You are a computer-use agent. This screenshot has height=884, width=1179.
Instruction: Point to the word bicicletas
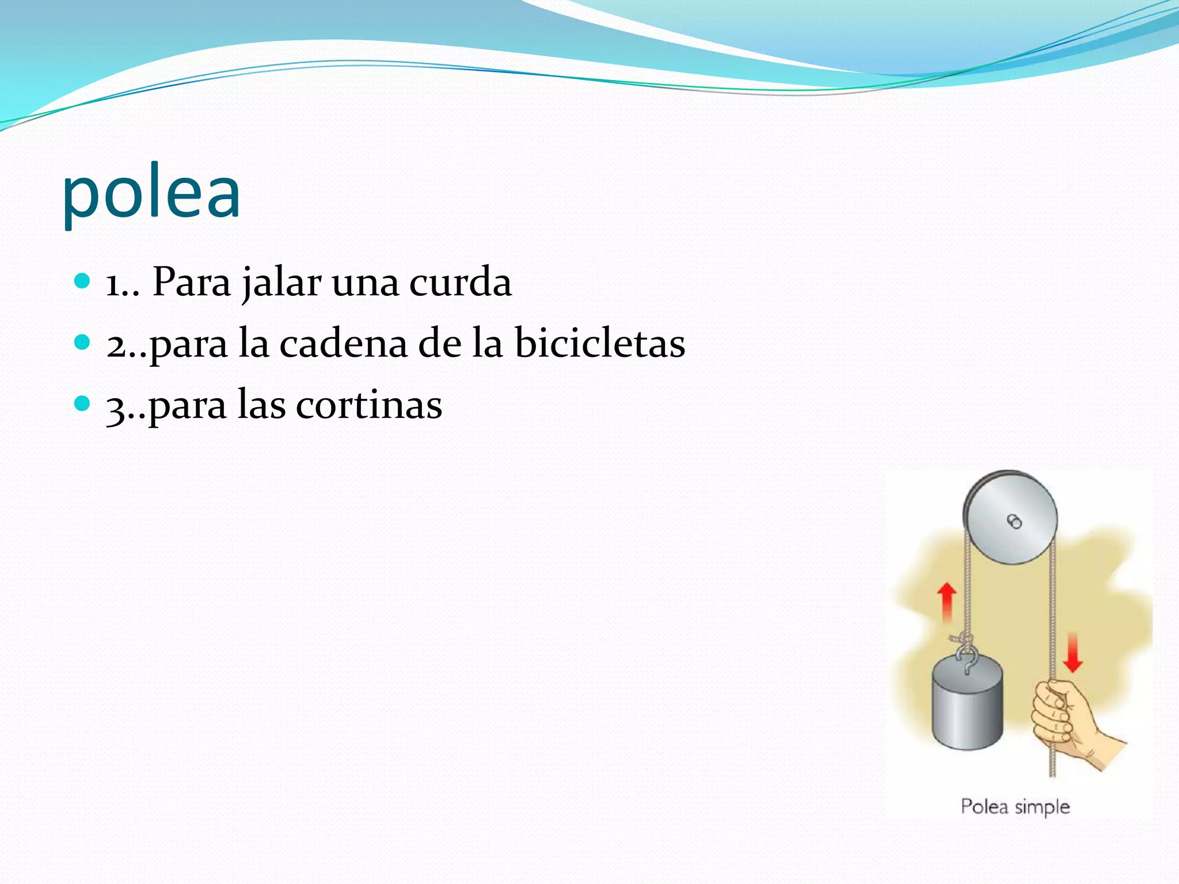pos(599,344)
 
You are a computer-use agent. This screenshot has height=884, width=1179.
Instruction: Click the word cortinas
pos(368,405)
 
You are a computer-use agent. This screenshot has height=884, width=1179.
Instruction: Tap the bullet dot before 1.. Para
pos(83,281)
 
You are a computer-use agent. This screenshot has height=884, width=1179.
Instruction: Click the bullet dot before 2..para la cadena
pos(83,342)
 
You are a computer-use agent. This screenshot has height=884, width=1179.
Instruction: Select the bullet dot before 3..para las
pos(83,403)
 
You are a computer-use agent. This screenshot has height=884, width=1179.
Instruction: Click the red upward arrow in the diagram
pos(946,601)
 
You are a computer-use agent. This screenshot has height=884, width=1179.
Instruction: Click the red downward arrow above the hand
pos(1072,653)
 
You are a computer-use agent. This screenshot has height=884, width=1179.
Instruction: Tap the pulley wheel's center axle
pos(1014,521)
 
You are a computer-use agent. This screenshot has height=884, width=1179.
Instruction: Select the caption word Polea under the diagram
pos(984,806)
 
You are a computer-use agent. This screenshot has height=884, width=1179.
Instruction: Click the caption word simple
pos(1042,807)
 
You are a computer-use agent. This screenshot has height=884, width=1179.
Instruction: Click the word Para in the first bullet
pos(191,283)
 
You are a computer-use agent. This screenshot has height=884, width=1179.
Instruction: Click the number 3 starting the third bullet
pos(116,407)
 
